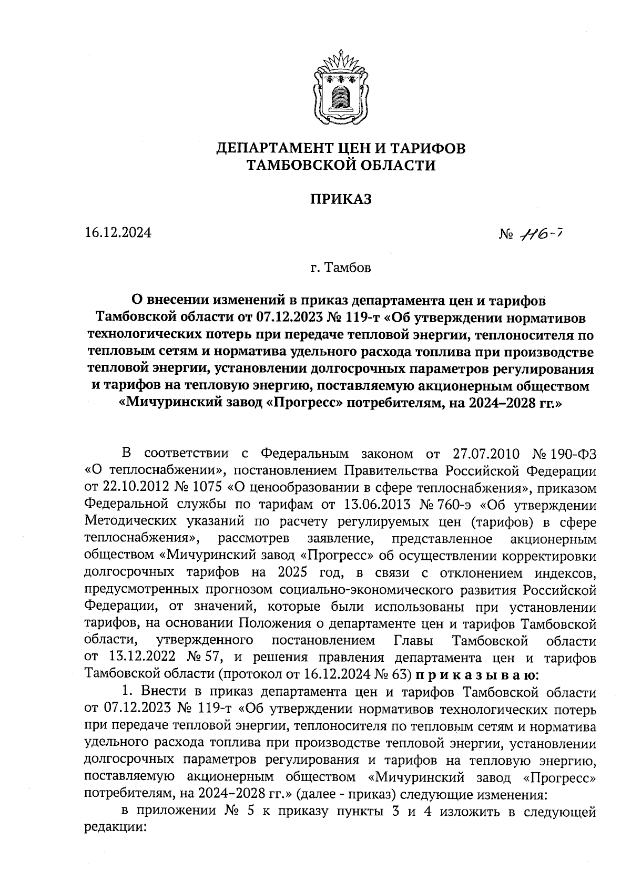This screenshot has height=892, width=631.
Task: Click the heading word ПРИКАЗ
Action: pyautogui.click(x=340, y=199)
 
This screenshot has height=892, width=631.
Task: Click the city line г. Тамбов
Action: pyautogui.click(x=340, y=268)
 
